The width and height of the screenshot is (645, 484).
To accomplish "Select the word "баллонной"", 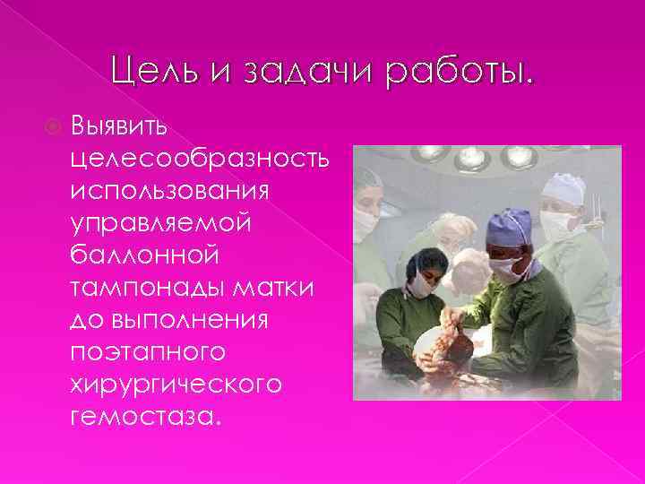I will point(143,258).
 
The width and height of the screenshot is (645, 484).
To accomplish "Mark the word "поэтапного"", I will point(143,357).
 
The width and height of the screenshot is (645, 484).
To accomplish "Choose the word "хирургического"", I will point(176,389).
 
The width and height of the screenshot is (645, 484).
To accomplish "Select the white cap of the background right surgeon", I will point(564,189).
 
